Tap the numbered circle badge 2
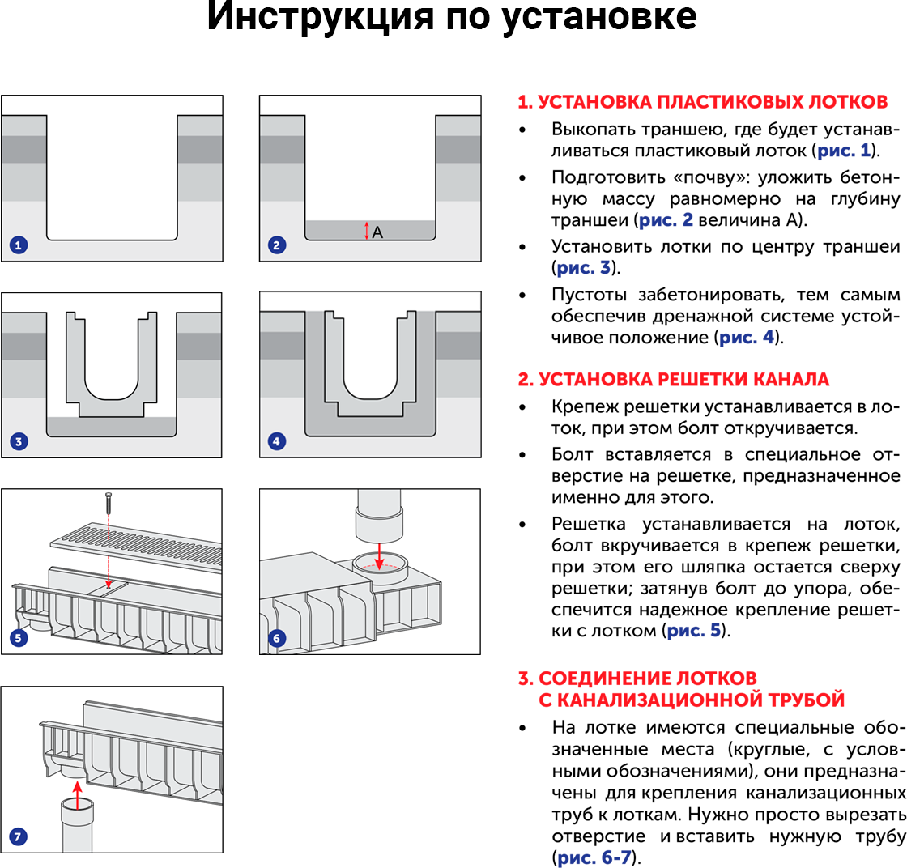point(277,245)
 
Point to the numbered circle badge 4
point(277,441)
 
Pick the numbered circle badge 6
point(277,638)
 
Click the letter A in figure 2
point(377,232)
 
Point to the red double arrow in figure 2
point(367,231)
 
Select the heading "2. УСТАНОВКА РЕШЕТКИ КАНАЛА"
point(673,380)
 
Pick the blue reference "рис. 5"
point(694,629)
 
